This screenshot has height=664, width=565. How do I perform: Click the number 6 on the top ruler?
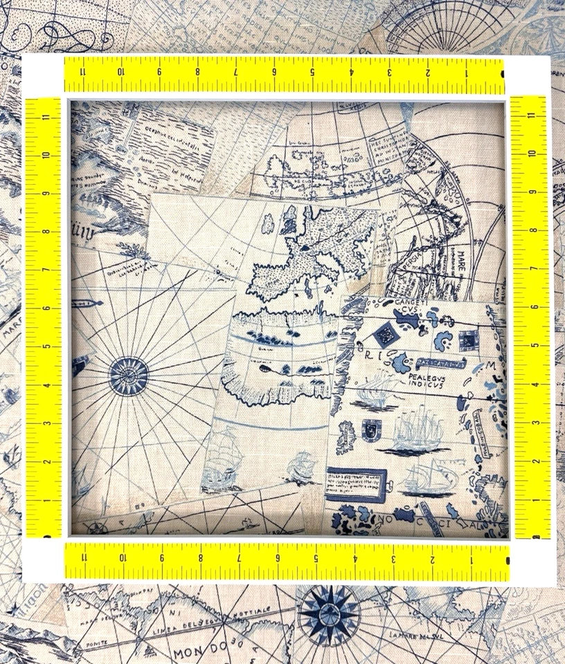[275, 70]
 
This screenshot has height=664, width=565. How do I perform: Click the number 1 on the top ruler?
[467, 70]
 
